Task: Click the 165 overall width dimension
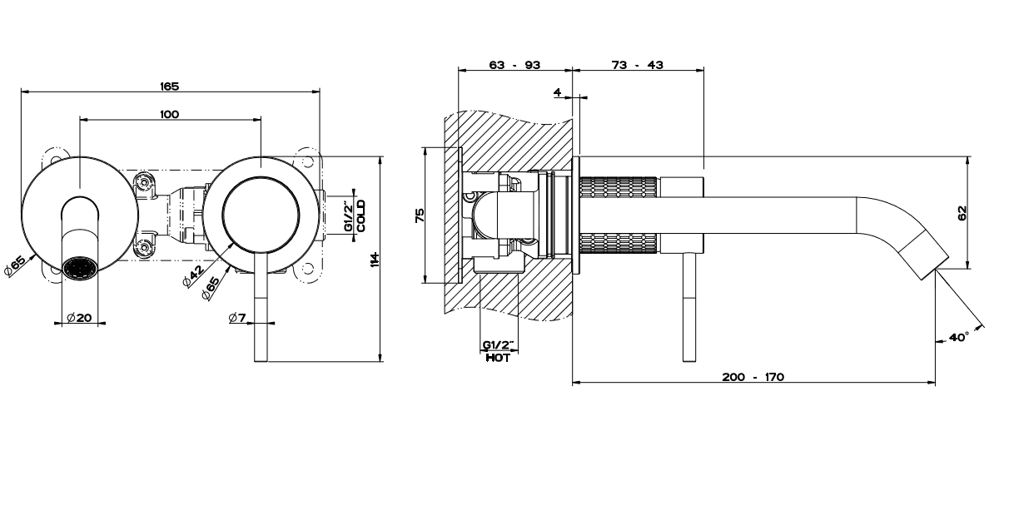[170, 86]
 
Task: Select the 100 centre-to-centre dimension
[170, 114]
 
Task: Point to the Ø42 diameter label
[193, 278]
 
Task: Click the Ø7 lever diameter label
[237, 317]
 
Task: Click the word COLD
[361, 216]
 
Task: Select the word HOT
[498, 357]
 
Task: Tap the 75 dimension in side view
[420, 215]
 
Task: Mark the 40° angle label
[958, 338]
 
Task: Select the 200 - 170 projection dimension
[753, 377]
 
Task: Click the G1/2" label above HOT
[498, 344]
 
